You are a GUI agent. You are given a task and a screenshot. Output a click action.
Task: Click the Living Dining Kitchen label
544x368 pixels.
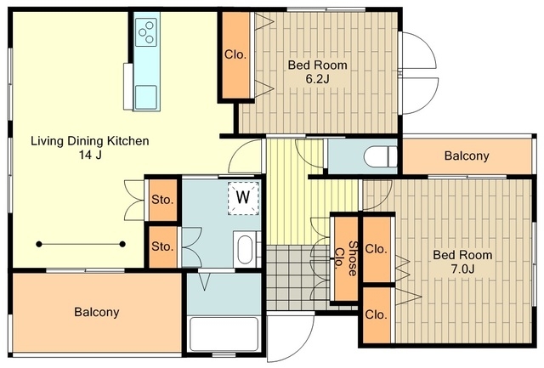coord(90,141)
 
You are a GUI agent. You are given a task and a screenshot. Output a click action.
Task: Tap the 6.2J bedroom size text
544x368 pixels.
coord(317,79)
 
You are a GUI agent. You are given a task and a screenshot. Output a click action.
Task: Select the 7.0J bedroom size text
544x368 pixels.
coord(462,269)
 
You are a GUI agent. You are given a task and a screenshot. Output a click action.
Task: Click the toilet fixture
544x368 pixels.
coord(380,156)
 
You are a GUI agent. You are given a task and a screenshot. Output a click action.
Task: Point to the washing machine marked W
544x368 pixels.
coord(243,198)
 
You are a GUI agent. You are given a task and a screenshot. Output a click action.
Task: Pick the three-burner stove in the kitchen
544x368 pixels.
coord(145,32)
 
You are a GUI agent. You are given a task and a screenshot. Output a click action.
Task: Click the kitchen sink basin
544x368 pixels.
coord(145,97)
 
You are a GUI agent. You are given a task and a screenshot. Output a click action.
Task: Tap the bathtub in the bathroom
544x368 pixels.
coord(224,334)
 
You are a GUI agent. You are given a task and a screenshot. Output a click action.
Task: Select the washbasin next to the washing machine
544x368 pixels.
coord(245,249)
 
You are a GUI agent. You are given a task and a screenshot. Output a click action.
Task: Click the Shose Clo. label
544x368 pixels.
coord(346,258)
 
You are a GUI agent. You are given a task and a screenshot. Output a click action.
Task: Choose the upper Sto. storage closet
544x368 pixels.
coord(163,200)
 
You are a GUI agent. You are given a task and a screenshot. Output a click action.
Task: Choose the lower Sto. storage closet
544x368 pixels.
coord(163,246)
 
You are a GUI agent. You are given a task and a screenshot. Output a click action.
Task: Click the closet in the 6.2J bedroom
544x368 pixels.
coord(235,55)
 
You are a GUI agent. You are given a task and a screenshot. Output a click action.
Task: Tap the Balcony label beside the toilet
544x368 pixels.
coord(467,156)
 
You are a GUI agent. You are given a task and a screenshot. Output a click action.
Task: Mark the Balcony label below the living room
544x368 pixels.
coord(97,312)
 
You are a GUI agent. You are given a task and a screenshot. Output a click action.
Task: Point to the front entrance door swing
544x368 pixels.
coord(291,337)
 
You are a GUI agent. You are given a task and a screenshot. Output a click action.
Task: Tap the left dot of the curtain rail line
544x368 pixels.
coord(39,245)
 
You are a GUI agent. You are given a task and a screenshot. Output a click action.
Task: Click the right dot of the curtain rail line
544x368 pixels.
coord(122,244)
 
